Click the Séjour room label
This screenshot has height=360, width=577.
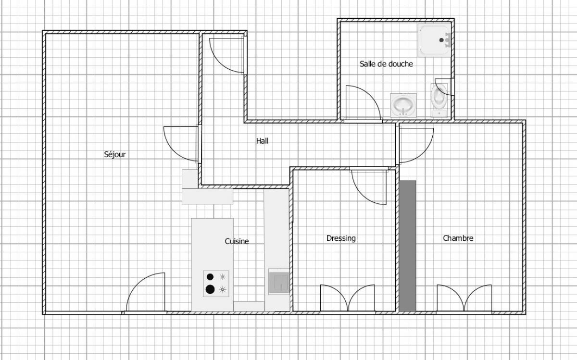coord(115,154)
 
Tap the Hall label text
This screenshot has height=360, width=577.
coord(262,141)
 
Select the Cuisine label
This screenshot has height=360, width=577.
coord(237,241)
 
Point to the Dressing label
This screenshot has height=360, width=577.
coord(341,238)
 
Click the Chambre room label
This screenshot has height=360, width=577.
coord(458,238)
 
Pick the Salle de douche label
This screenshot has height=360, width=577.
coord(386,64)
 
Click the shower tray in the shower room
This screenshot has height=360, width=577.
coord(435,40)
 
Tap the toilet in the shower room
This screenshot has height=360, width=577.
coord(439,100)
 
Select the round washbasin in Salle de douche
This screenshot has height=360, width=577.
coord(403,105)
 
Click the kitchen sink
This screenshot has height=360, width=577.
coord(279,282)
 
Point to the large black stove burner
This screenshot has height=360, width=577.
coord(210,289)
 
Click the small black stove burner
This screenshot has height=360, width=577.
coord(210,277)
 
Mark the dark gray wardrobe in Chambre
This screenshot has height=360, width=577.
coord(408,246)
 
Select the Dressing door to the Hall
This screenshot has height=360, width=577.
coord(369,186)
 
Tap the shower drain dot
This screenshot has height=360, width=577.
coord(441,40)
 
